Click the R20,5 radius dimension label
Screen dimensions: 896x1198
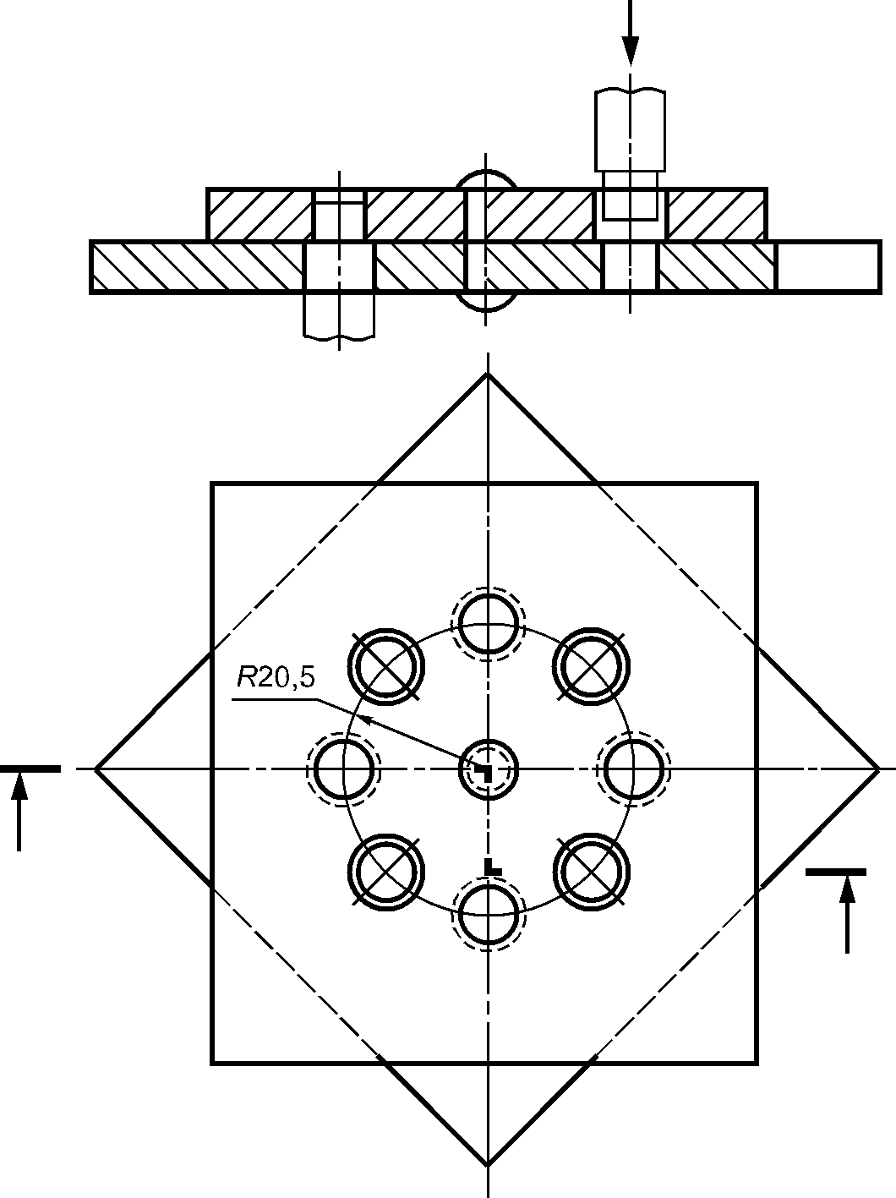pyautogui.click(x=276, y=678)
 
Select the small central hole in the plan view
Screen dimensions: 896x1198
pyautogui.click(x=488, y=769)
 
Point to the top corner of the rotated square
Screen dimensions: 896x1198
pyautogui.click(x=487, y=375)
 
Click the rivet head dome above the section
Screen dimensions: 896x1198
pyautogui.click(x=486, y=179)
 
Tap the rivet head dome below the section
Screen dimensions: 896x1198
pyautogui.click(x=486, y=303)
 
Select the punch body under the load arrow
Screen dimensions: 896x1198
pyautogui.click(x=631, y=130)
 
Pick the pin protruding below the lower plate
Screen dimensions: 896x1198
pyautogui.click(x=339, y=315)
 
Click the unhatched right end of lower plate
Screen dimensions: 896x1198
pyautogui.click(x=828, y=267)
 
